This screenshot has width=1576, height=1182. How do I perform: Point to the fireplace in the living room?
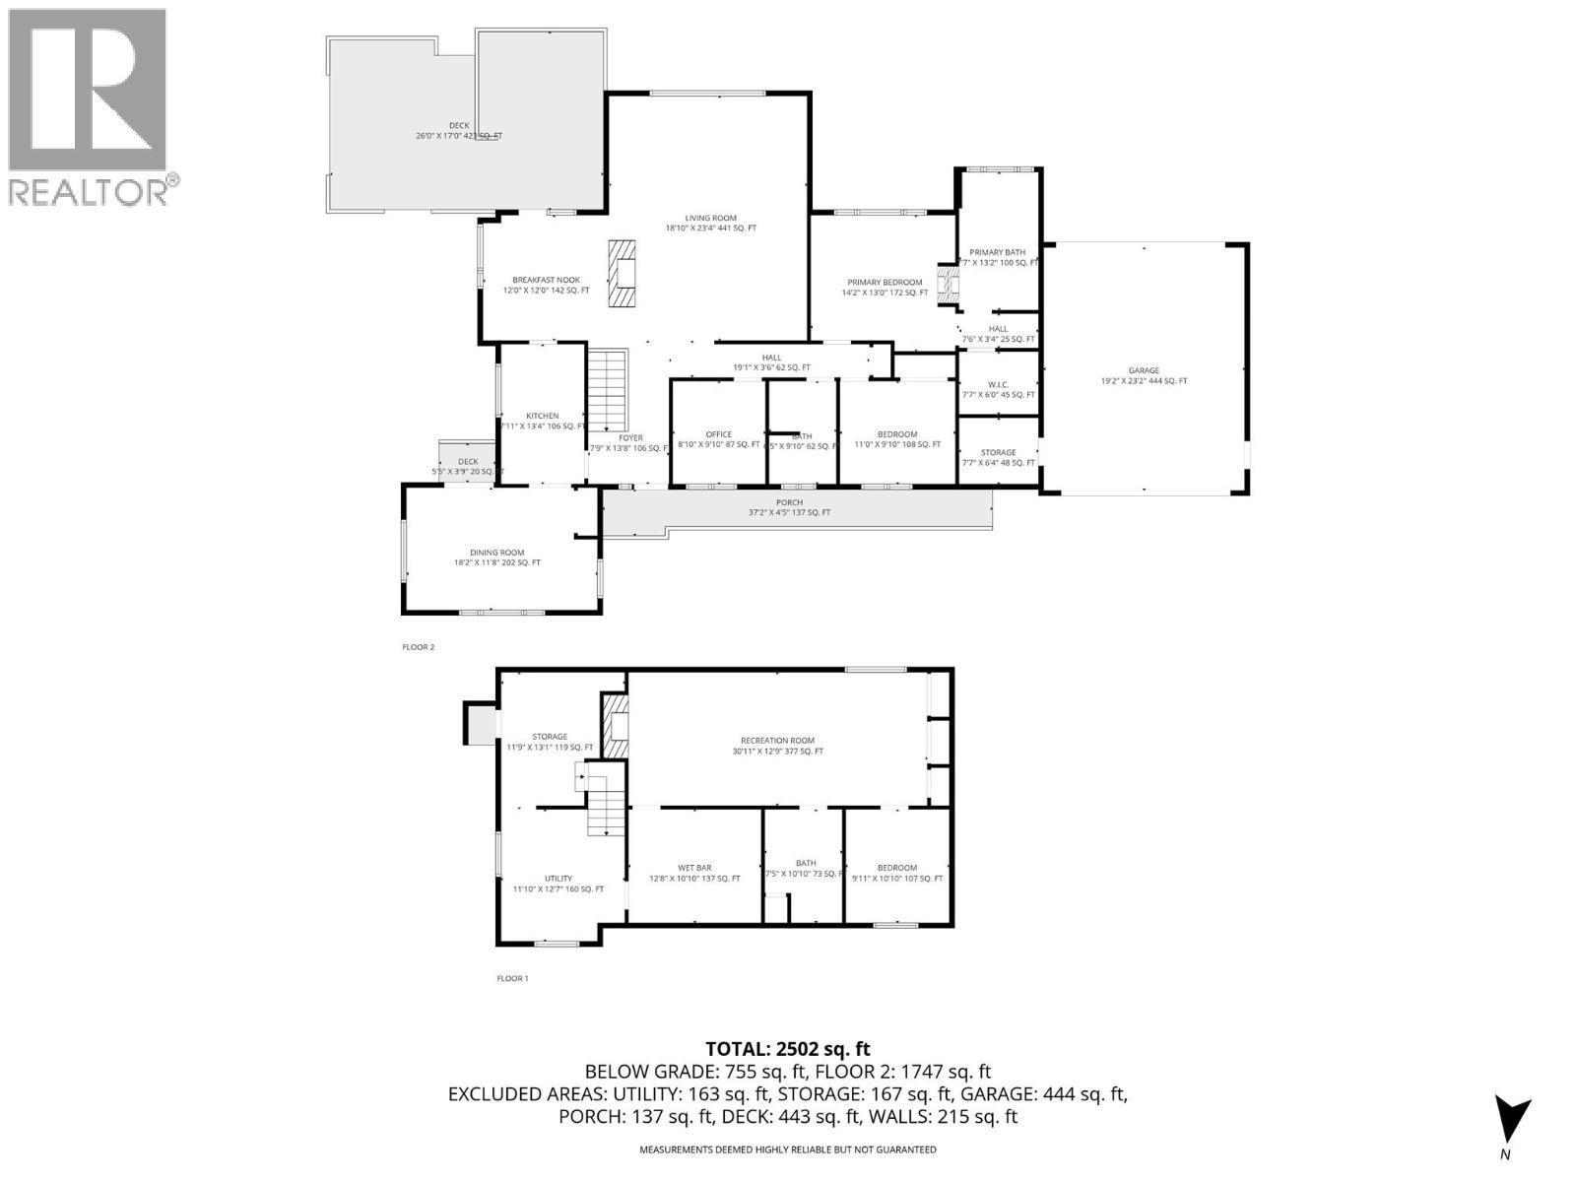623,275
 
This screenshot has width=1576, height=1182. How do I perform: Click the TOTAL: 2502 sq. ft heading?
788,1049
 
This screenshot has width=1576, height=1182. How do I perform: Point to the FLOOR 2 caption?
418,647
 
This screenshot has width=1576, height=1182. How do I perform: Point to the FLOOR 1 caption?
512,978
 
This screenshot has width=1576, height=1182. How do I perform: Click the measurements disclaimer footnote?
788,1149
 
